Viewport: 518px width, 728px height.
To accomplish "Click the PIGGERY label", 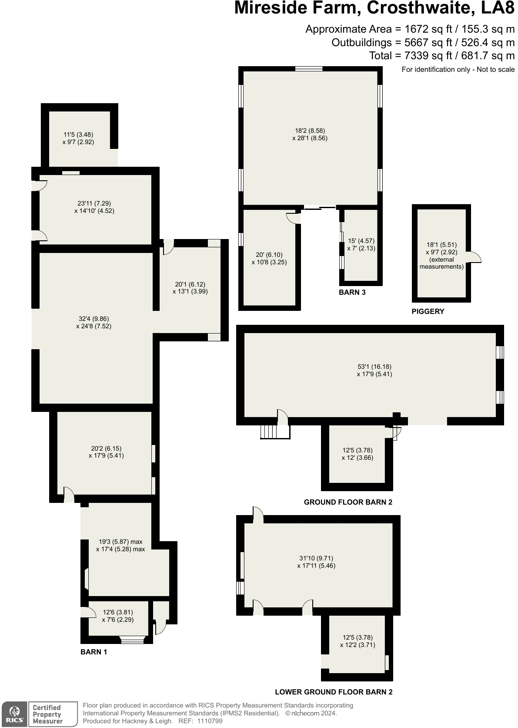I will coord(428,311).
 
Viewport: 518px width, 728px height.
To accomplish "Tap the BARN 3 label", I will coord(352,292).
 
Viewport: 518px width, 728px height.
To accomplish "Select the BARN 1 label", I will coord(94,652).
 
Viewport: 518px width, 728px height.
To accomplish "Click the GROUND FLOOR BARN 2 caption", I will coord(348,502).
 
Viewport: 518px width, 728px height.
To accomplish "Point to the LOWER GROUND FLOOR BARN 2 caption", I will coord(334,692).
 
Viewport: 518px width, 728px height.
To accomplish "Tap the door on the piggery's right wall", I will coord(475,257).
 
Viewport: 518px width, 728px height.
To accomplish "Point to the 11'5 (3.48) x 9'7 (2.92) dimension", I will coord(78,138).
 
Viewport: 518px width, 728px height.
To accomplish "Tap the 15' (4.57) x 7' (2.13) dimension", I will coord(361,244).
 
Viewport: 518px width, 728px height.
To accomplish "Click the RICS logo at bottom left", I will coord(14,714).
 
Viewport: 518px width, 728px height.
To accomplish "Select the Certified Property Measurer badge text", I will coord(47,714).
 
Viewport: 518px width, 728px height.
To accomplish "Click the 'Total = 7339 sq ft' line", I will coord(441,55).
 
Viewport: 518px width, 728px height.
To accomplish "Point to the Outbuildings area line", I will coord(423,43).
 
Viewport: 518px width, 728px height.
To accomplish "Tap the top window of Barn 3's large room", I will coord(308,68).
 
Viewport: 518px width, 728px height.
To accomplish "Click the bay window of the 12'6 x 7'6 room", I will coord(132,640).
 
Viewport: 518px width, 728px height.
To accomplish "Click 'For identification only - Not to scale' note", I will coord(458,69).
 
